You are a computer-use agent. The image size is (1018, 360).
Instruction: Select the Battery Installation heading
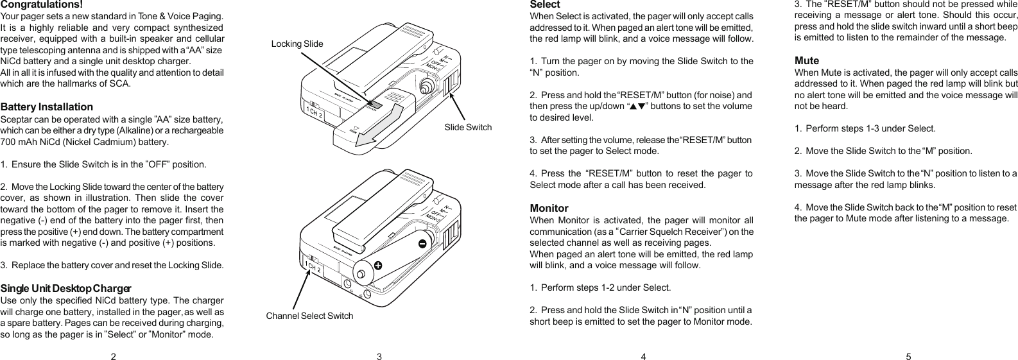pyautogui.click(x=47, y=107)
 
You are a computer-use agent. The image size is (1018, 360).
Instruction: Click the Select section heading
pyautogui.click(x=544, y=4)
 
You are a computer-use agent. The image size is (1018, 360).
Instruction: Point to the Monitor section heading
pyautogui.click(x=549, y=208)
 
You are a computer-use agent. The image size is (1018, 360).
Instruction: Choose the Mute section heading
pyautogui.click(x=807, y=60)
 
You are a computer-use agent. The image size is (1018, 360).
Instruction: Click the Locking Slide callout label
pyautogui.click(x=297, y=44)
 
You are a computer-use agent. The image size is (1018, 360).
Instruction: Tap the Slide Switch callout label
pyautogui.click(x=468, y=127)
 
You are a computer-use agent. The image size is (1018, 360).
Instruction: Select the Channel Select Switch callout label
pyautogui.click(x=309, y=316)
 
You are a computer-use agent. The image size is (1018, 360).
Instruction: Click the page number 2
pyautogui.click(x=114, y=357)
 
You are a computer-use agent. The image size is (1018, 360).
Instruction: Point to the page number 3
pyautogui.click(x=379, y=357)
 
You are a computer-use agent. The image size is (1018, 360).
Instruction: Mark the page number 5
pyautogui.click(x=908, y=357)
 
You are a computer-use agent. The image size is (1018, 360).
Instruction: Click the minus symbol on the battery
pyautogui.click(x=422, y=244)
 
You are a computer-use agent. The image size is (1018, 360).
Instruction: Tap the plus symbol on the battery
pyautogui.click(x=377, y=264)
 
